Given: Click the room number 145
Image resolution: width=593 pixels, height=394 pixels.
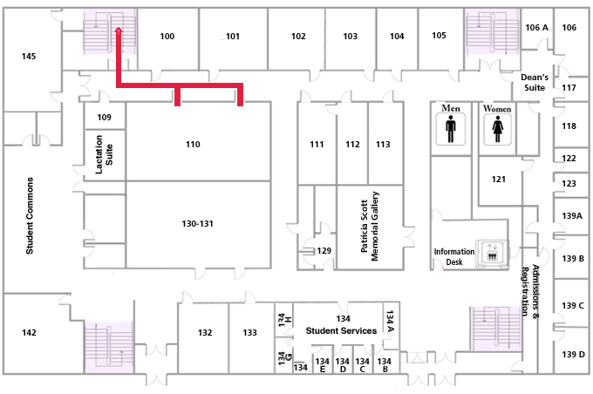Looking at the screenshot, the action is click(29, 57).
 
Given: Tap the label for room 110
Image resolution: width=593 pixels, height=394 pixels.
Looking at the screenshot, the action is click(193, 144).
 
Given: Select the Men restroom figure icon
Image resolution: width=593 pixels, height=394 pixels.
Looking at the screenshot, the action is click(451, 129).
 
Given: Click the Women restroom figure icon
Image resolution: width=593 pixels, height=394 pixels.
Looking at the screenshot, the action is click(497, 129).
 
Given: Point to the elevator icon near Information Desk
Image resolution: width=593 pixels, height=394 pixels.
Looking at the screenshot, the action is click(492, 252).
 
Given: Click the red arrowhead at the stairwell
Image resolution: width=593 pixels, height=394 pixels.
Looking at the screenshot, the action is click(119, 31).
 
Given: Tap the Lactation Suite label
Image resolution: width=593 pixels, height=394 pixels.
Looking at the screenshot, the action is click(104, 154).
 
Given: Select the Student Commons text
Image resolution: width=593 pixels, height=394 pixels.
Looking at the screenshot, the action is click(30, 215).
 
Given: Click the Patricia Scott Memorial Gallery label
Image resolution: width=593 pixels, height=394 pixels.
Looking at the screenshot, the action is click(370, 226).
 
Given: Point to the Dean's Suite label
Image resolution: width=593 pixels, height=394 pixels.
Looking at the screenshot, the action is click(535, 83).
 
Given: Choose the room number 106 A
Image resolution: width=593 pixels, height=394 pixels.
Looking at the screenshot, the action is click(536, 27).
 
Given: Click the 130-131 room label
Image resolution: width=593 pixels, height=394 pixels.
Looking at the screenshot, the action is click(197, 223).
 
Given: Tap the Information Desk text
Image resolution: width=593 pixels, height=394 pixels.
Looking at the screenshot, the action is click(453, 257).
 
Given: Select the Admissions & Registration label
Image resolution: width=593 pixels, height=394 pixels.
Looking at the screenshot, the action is click(530, 290).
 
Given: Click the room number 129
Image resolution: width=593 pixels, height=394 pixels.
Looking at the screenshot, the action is click(324, 250).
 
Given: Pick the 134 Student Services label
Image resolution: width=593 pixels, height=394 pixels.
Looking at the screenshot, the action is click(341, 325).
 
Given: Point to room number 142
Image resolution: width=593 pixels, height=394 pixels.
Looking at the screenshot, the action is click(29, 332).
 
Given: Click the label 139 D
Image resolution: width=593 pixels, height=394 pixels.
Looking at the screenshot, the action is click(573, 354).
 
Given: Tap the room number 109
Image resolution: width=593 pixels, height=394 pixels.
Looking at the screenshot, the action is click(104, 117).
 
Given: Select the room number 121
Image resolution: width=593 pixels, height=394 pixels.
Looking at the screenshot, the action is click(499, 180).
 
